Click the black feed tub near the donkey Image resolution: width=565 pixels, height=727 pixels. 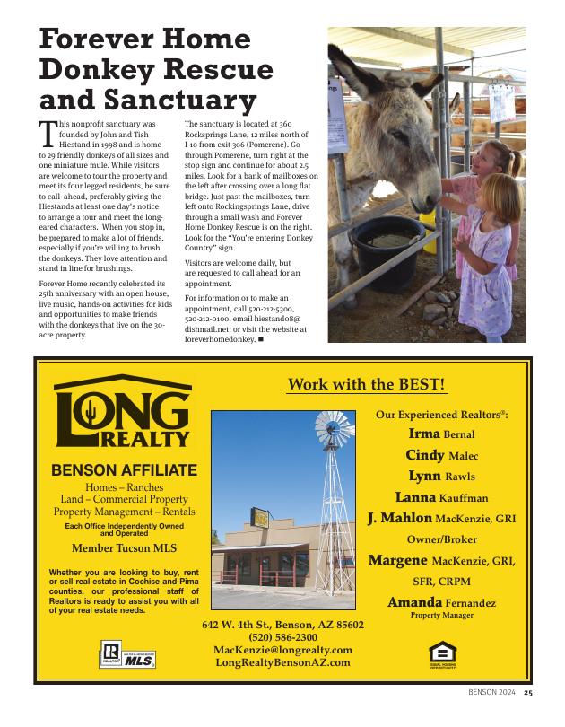click(388, 241)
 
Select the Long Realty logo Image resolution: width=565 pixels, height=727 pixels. click(123, 413)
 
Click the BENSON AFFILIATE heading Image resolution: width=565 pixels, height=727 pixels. click(124, 469)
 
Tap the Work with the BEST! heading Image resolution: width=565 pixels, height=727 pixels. click(366, 384)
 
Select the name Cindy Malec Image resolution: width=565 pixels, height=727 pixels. click(441, 455)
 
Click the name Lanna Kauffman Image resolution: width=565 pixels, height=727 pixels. click(441, 497)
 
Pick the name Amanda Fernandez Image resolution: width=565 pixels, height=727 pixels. click(441, 602)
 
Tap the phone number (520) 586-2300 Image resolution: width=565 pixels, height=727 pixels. click(282, 636)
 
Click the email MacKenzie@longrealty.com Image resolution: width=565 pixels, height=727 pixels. click(282, 650)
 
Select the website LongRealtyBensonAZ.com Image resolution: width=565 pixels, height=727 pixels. click(282, 662)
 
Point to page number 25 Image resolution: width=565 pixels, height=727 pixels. click(528, 693)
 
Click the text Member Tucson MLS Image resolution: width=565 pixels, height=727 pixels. click(124, 547)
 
